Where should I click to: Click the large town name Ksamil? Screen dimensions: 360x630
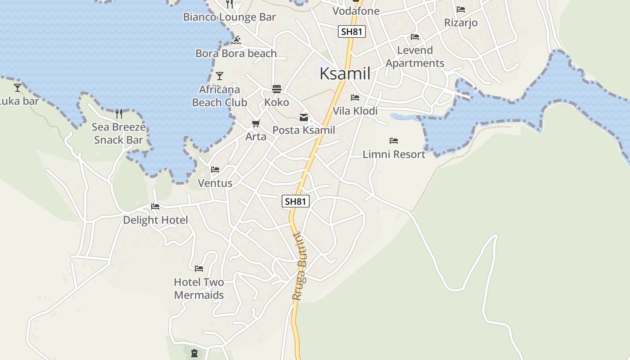pyautogui.click(x=345, y=74)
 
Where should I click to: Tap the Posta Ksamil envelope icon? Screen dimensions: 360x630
pyautogui.click(x=304, y=117)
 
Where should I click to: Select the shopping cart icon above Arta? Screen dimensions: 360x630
pyautogui.click(x=256, y=123)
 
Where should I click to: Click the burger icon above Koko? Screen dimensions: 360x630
pyautogui.click(x=276, y=89)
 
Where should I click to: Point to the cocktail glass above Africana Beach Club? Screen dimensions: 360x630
pyautogui.click(x=220, y=76)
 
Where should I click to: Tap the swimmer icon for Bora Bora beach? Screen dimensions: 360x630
pyautogui.click(x=237, y=40)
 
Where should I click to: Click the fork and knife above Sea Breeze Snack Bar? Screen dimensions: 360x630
pyautogui.click(x=119, y=113)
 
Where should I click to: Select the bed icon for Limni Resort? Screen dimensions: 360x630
pyautogui.click(x=394, y=141)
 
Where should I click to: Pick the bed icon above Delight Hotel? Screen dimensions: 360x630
pyautogui.click(x=155, y=207)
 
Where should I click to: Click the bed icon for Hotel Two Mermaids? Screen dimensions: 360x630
pyautogui.click(x=199, y=269)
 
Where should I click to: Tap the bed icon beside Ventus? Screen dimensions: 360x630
pyautogui.click(x=215, y=170)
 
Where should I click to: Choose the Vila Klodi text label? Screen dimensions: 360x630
pyautogui.click(x=355, y=111)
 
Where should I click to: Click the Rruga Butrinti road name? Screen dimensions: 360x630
pyautogui.click(x=300, y=266)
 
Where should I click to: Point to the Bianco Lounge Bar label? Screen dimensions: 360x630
pyautogui.click(x=229, y=17)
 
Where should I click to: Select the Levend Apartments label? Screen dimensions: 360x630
pyautogui.click(x=415, y=57)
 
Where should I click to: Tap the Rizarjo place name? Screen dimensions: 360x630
pyautogui.click(x=461, y=22)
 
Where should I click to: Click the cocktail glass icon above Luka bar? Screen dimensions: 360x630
pyautogui.click(x=18, y=87)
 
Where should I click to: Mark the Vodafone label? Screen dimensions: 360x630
pyautogui.click(x=356, y=11)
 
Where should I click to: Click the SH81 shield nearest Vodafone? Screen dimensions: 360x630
pyautogui.click(x=352, y=31)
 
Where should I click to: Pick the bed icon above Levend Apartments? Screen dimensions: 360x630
pyautogui.click(x=415, y=37)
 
